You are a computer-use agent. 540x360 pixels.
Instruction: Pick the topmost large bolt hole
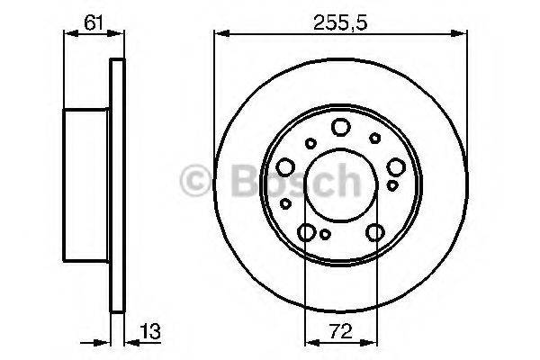click(340, 127)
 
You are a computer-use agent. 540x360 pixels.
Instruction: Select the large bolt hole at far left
click(285, 166)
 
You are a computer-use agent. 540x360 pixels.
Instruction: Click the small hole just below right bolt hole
click(392, 185)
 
